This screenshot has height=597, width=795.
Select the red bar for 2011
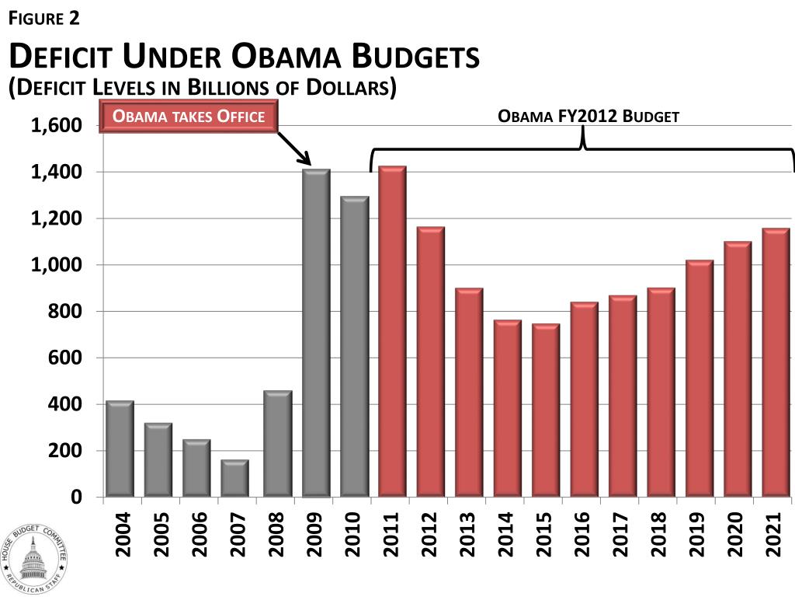click(x=392, y=331)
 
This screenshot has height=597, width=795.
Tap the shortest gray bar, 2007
click(x=235, y=478)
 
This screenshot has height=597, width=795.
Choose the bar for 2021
click(x=776, y=362)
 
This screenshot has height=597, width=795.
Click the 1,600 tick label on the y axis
click(x=56, y=126)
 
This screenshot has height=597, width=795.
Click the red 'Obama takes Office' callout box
click(x=189, y=117)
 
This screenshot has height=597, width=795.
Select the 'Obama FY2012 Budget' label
click(x=588, y=117)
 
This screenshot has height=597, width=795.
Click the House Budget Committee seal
click(x=33, y=553)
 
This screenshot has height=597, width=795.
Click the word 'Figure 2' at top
click(x=43, y=17)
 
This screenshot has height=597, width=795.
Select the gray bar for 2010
click(x=354, y=347)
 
